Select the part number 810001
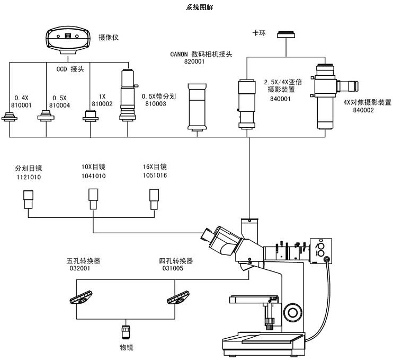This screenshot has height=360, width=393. (x=22, y=105)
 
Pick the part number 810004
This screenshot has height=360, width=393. (x=59, y=105)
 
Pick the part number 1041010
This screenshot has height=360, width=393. (x=93, y=175)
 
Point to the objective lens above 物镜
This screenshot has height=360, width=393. (x=126, y=332)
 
